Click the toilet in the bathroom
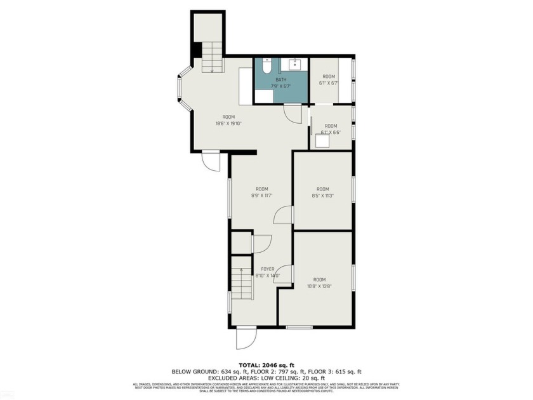(x=267, y=65)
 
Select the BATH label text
(x=280, y=80)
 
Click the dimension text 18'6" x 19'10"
(x=228, y=124)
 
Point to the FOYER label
(x=268, y=269)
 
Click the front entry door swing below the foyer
(x=246, y=337)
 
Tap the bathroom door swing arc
(x=293, y=113)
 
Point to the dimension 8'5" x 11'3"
(x=323, y=196)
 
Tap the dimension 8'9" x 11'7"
(x=261, y=196)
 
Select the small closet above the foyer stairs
(x=241, y=243)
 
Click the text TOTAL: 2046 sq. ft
(x=266, y=365)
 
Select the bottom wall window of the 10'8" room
(x=298, y=327)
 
